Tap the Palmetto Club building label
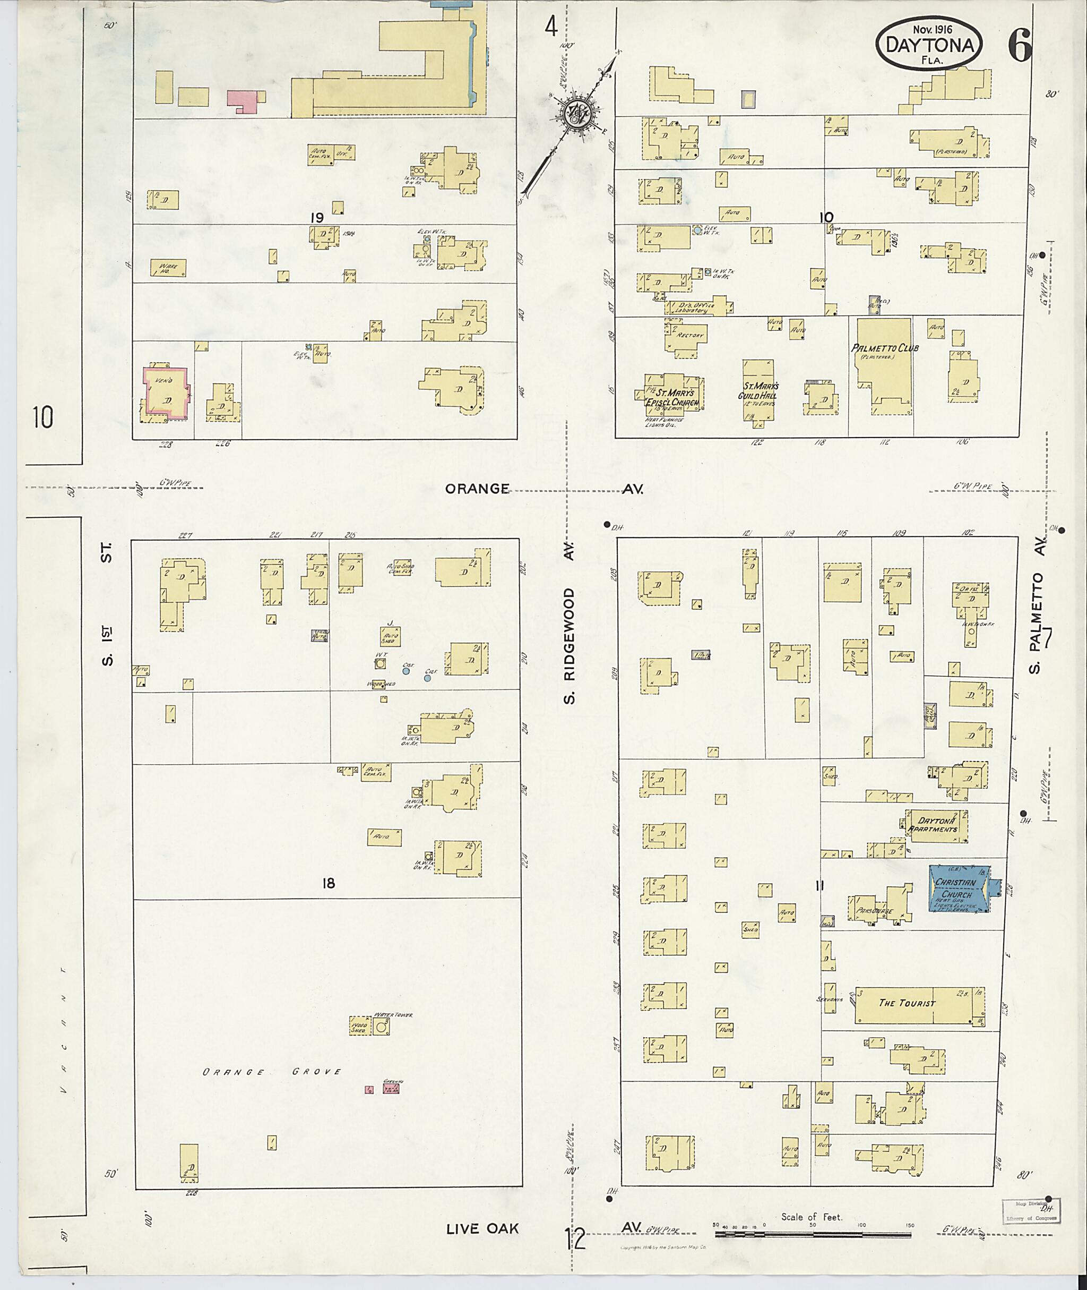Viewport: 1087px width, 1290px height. (885, 348)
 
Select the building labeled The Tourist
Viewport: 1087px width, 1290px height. (907, 1003)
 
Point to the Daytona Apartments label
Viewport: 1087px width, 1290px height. (936, 825)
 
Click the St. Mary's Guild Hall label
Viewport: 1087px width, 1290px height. (757, 390)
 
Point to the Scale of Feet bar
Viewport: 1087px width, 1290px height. (814, 1235)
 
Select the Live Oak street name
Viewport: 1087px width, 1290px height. (482, 1229)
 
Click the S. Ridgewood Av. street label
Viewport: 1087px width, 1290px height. (570, 623)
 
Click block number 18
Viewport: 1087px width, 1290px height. (329, 884)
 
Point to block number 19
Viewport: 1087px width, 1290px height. (317, 218)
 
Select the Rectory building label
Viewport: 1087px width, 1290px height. (686, 336)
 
